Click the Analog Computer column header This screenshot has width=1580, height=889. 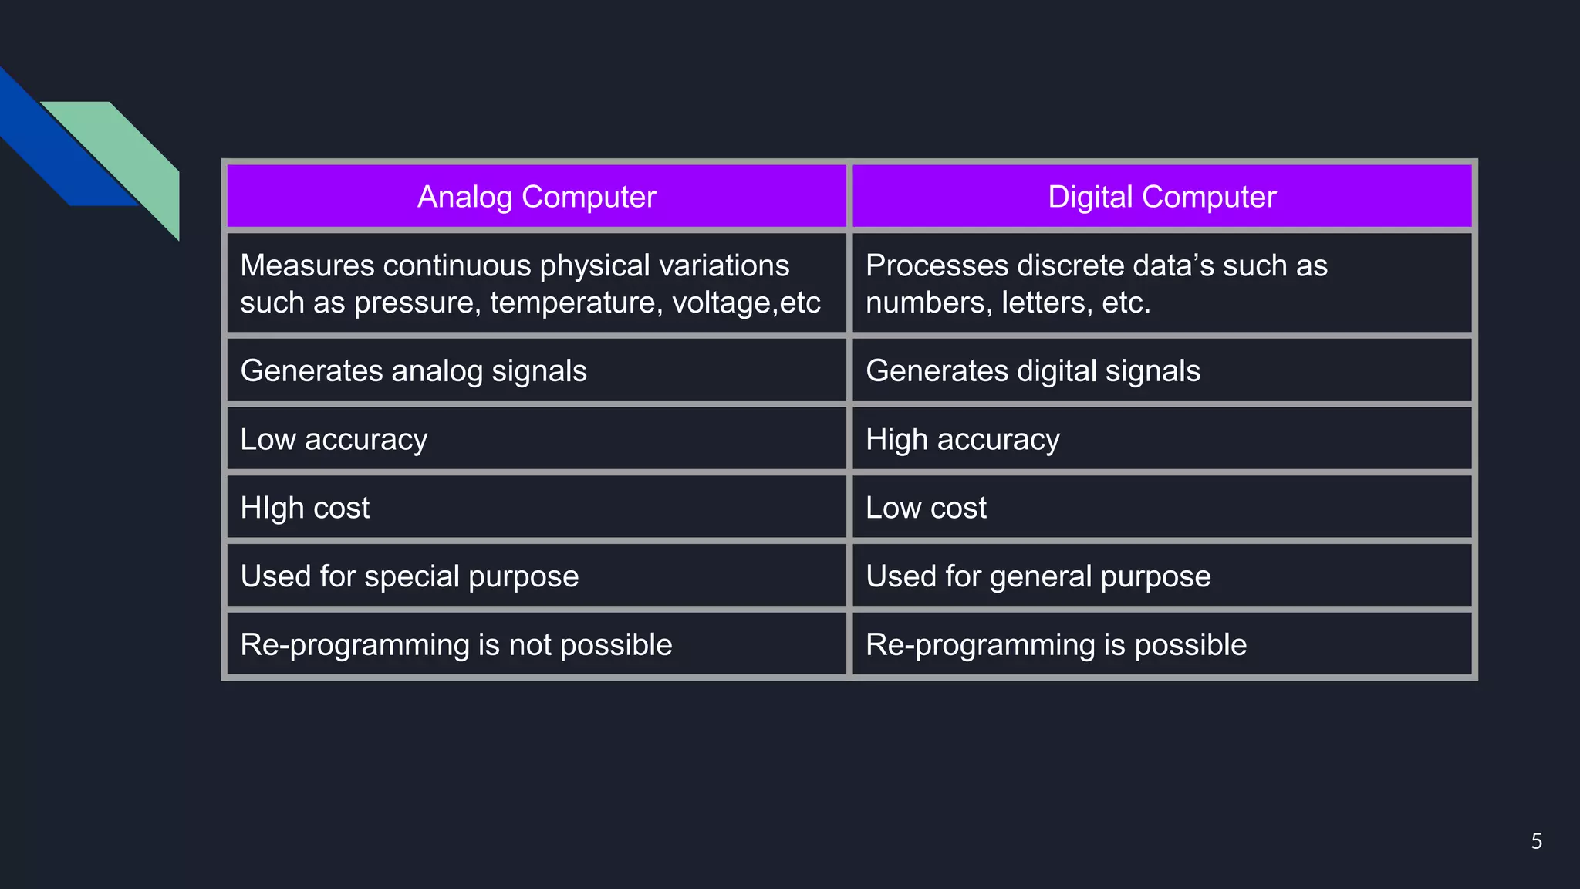pos(536,197)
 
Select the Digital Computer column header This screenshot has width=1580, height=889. pos(1161,197)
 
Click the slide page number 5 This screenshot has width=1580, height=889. pos(1536,841)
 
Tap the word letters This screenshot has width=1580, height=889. pos(1046,303)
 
